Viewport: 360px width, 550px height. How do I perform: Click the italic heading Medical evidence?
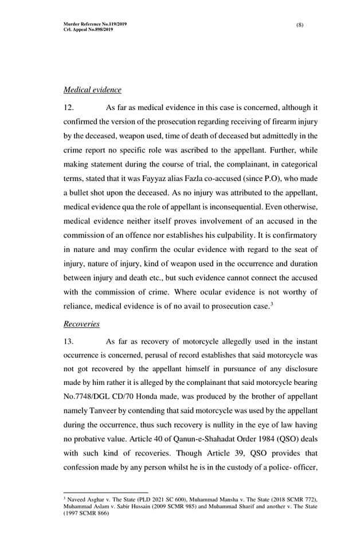pyautogui.click(x=92, y=90)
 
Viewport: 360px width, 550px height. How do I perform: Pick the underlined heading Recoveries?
pyautogui.click(x=81, y=324)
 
